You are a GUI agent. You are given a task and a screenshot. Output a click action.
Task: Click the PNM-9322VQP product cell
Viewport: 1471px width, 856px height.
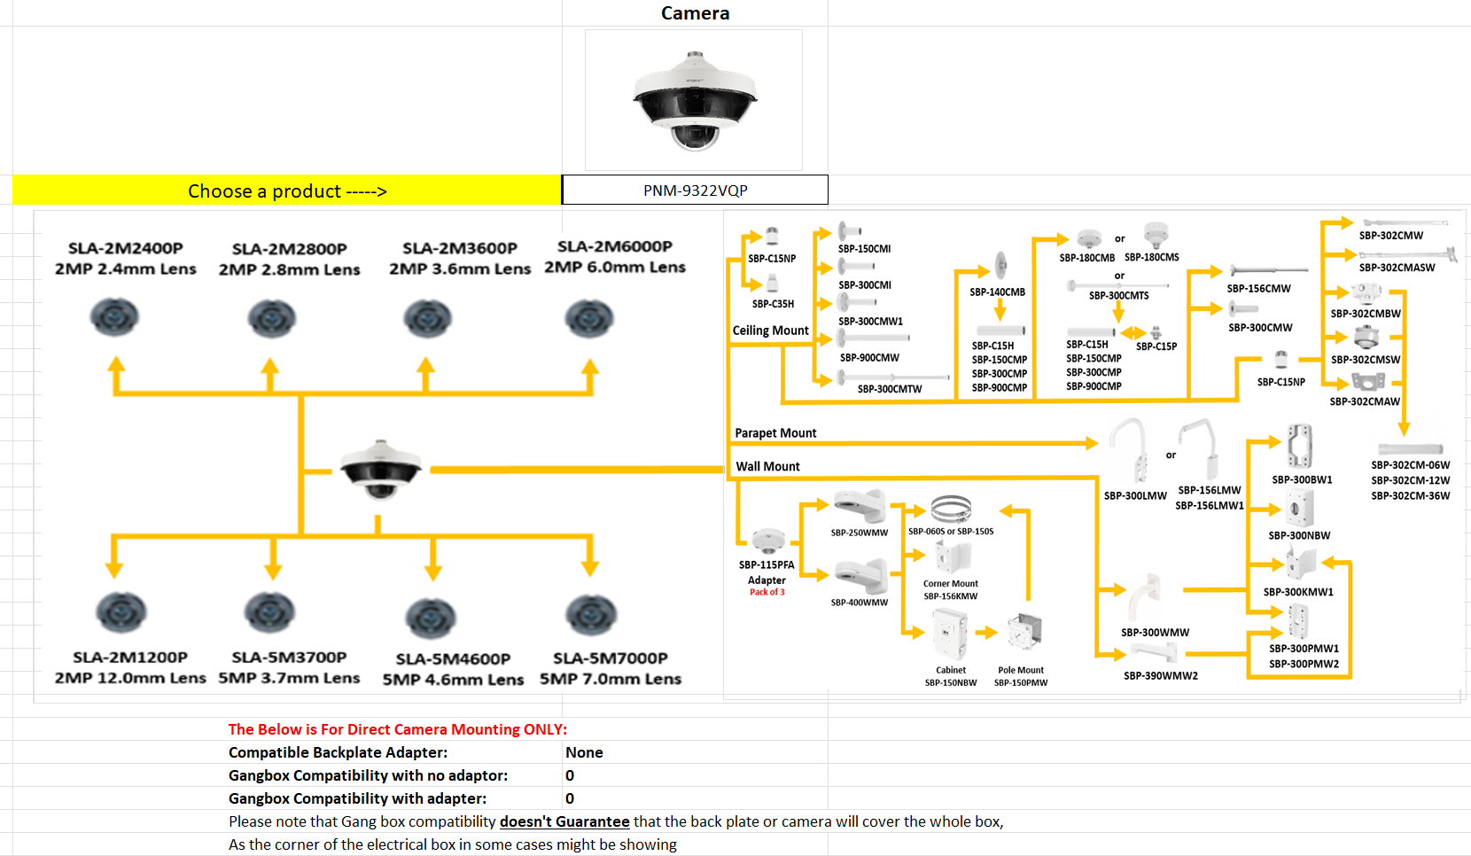point(695,191)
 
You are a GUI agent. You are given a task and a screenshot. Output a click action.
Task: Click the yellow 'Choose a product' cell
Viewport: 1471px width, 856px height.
point(287,191)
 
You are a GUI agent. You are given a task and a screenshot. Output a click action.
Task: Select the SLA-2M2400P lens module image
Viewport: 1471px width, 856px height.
point(115,317)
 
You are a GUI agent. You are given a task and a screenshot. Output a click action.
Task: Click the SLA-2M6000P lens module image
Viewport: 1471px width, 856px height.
point(589,318)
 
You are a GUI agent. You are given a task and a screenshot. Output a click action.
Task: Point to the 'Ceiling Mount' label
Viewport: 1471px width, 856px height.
point(770,331)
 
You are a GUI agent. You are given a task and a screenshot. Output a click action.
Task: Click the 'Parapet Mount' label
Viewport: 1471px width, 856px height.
point(775,433)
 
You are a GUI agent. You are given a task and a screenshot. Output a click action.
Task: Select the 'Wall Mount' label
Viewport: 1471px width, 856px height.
point(767,466)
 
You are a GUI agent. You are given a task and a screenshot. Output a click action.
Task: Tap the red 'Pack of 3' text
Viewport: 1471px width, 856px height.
point(767,592)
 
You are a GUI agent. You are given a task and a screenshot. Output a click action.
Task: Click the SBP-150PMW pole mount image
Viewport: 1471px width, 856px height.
point(1025,633)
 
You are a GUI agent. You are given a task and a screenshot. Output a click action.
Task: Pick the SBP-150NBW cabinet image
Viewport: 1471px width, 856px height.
point(950,634)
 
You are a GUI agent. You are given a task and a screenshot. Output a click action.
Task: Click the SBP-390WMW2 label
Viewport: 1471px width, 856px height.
point(1161,676)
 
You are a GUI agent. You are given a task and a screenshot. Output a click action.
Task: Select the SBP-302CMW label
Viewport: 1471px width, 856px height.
point(1391,236)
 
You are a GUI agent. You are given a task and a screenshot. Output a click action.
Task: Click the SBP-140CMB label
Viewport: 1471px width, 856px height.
point(997,292)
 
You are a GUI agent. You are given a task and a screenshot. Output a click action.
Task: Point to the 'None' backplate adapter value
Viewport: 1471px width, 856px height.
point(584,752)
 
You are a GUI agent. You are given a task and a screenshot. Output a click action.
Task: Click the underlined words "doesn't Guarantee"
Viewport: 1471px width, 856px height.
point(564,821)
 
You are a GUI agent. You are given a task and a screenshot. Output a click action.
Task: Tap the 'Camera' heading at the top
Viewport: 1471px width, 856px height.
point(695,13)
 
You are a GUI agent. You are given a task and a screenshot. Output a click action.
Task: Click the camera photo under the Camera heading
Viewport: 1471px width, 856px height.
point(694,100)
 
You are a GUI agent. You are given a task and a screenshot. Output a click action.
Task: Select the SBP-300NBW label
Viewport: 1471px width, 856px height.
point(1299,536)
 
